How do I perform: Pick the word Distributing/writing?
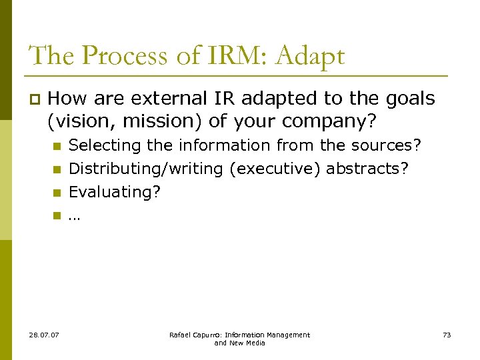coord(146,169)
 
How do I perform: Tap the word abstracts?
coord(367,169)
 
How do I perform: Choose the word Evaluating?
coord(115,192)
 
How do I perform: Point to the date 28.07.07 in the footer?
coord(45,335)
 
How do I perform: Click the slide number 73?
coord(446,335)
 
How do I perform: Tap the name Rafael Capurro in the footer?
coord(194,335)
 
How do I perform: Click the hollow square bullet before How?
coord(35,100)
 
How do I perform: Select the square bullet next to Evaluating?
coord(57,193)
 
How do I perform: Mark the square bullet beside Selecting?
coord(57,146)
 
